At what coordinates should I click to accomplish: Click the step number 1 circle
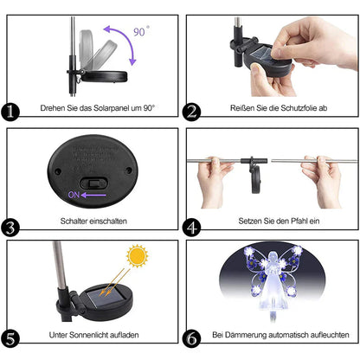(11, 112)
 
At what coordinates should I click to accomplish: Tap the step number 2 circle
(192, 112)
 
